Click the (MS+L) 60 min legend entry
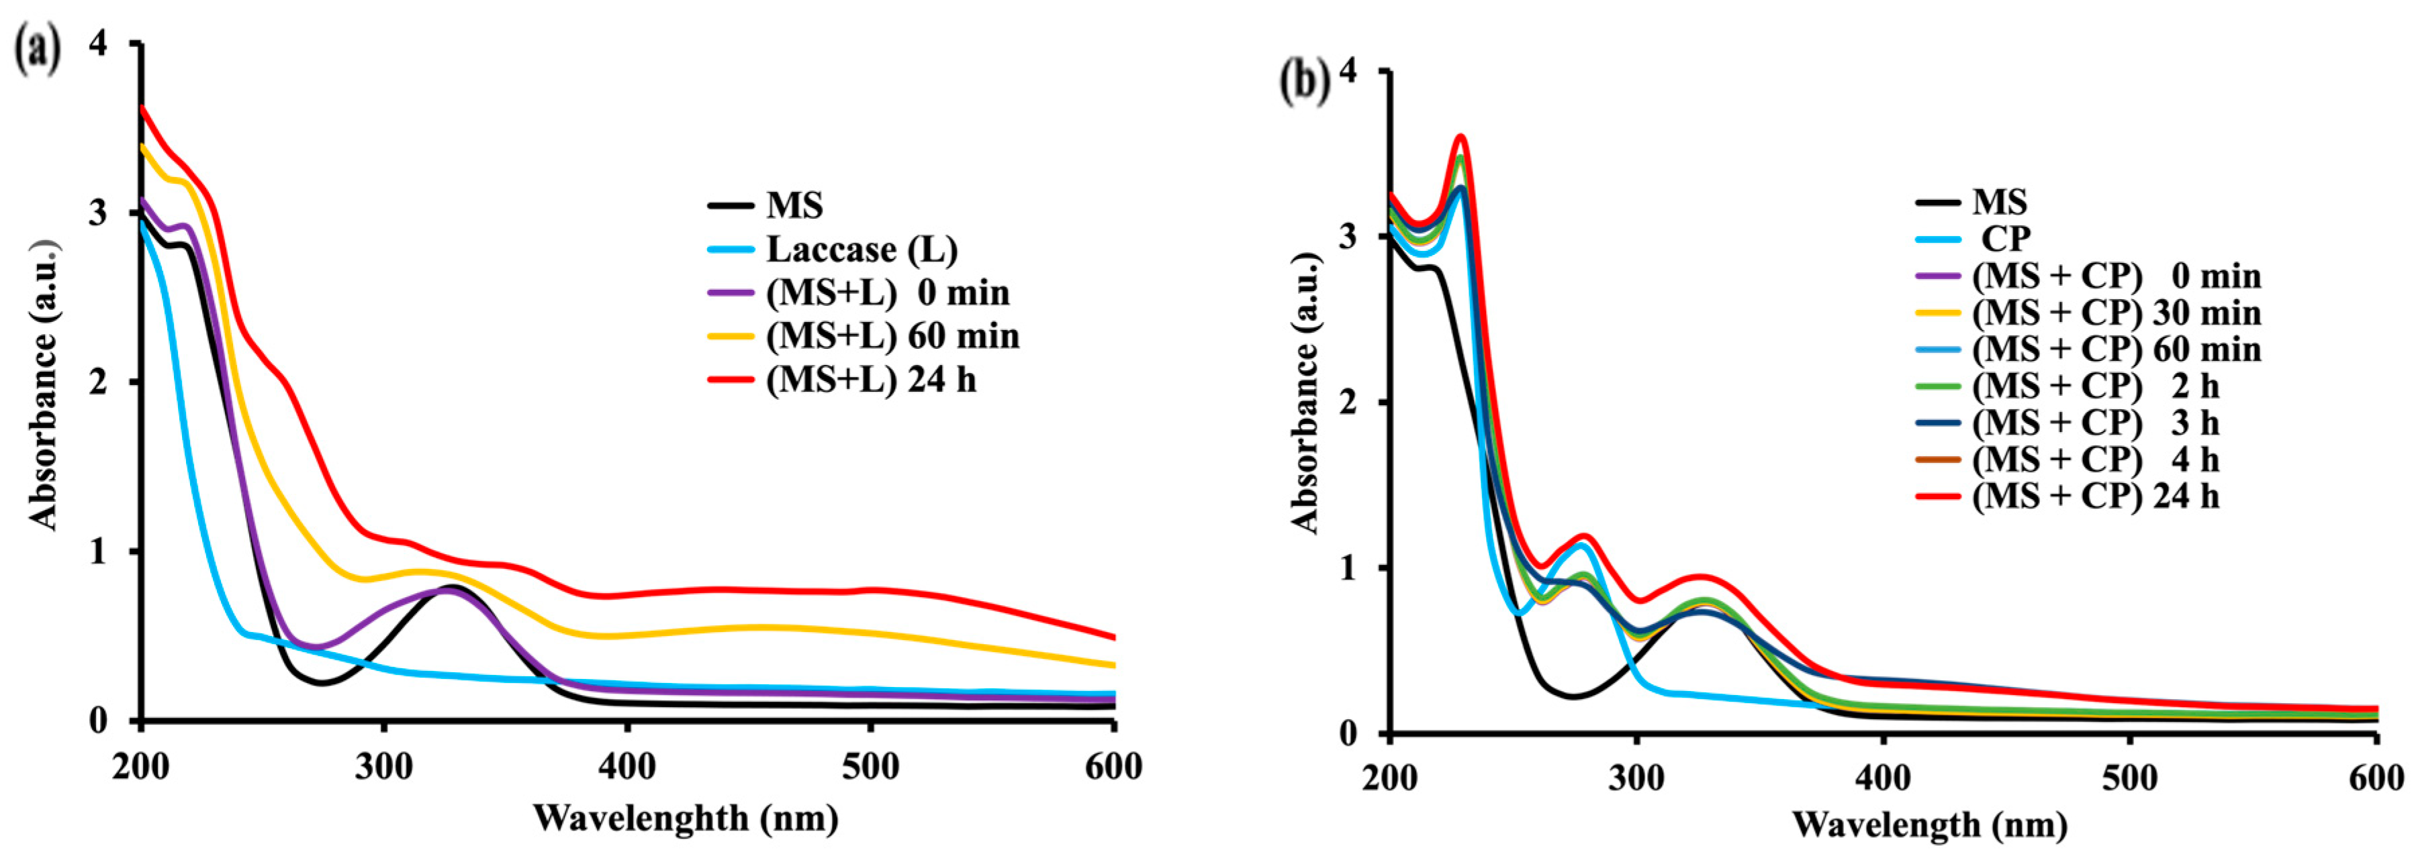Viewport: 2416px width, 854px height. tap(892, 335)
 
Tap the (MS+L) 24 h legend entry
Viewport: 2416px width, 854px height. tap(870, 380)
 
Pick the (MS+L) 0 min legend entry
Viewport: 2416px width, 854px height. tap(887, 292)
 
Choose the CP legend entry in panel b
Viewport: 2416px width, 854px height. tap(2004, 239)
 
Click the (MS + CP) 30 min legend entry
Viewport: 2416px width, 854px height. tap(2116, 312)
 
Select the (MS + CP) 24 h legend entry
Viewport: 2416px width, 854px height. tap(2095, 495)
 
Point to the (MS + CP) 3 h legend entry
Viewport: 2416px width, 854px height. tap(2095, 422)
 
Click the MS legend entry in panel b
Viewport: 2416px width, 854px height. tap(1998, 201)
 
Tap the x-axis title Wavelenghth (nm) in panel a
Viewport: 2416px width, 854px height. tap(686, 818)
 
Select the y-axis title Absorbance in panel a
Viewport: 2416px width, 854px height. tap(43, 384)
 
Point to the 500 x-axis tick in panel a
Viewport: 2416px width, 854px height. tap(870, 766)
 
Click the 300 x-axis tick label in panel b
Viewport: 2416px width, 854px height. tap(1636, 778)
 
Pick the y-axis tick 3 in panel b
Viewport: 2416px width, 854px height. tap(1347, 236)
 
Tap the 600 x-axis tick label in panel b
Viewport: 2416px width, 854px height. tap(2375, 778)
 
